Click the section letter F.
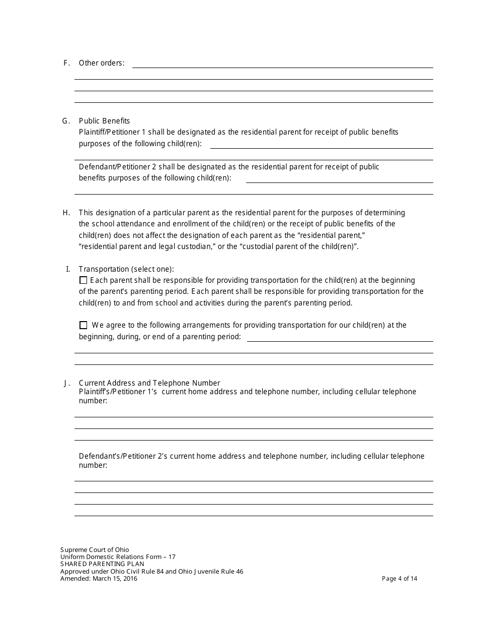(x=66, y=63)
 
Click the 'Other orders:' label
(x=102, y=63)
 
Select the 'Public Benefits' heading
(x=104, y=121)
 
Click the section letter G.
(x=65, y=121)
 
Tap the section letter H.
(x=66, y=213)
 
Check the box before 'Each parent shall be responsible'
(x=84, y=280)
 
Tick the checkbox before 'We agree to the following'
(x=84, y=325)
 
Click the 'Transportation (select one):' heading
(x=126, y=269)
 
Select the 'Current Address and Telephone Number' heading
(x=149, y=383)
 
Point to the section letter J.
(x=66, y=383)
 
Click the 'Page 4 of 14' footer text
(x=400, y=579)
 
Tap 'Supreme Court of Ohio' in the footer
(x=95, y=550)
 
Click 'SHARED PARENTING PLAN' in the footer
(x=102, y=564)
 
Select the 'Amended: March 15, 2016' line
(x=99, y=579)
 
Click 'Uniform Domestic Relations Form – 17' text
(x=118, y=557)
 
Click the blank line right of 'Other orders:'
(x=282, y=65)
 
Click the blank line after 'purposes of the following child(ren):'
(x=321, y=145)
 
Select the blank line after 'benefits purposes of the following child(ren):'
(x=339, y=179)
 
